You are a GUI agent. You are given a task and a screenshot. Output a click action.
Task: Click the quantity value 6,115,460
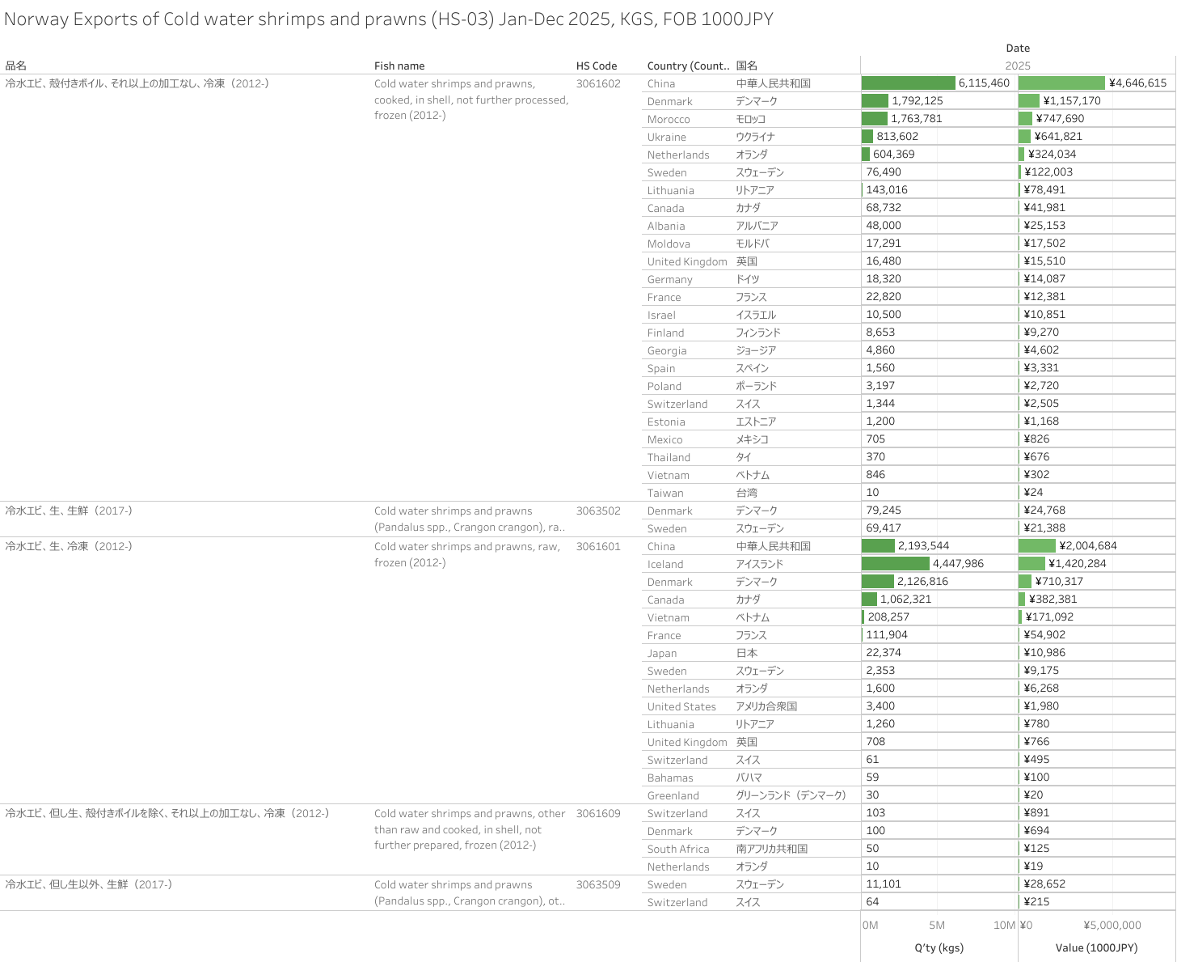(984, 83)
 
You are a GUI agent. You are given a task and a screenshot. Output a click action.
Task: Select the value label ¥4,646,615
(1137, 83)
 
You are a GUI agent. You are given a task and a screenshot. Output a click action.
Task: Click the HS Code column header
(597, 66)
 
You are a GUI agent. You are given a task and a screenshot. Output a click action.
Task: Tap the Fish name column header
(399, 66)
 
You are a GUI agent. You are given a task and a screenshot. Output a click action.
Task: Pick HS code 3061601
(598, 547)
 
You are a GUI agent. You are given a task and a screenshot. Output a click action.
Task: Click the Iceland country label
(665, 565)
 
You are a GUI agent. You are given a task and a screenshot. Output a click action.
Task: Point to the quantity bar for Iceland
(896, 564)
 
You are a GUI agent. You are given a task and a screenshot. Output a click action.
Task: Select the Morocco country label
(669, 120)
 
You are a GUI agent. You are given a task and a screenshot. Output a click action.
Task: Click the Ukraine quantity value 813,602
(897, 137)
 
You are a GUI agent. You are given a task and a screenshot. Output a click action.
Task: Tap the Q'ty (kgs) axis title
(939, 948)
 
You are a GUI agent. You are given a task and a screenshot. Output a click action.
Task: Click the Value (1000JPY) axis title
(1096, 948)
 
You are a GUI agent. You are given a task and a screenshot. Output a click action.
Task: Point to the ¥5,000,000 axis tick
(1112, 926)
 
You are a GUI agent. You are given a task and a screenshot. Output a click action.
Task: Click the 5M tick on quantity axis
(937, 926)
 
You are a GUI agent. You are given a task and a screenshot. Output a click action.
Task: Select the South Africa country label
(678, 850)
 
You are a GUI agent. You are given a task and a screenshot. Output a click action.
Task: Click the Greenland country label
(673, 796)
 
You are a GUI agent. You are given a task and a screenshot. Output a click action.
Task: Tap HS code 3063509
(598, 885)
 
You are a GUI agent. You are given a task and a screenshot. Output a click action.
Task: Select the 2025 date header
(1018, 66)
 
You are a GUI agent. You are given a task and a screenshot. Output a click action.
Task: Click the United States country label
(681, 707)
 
